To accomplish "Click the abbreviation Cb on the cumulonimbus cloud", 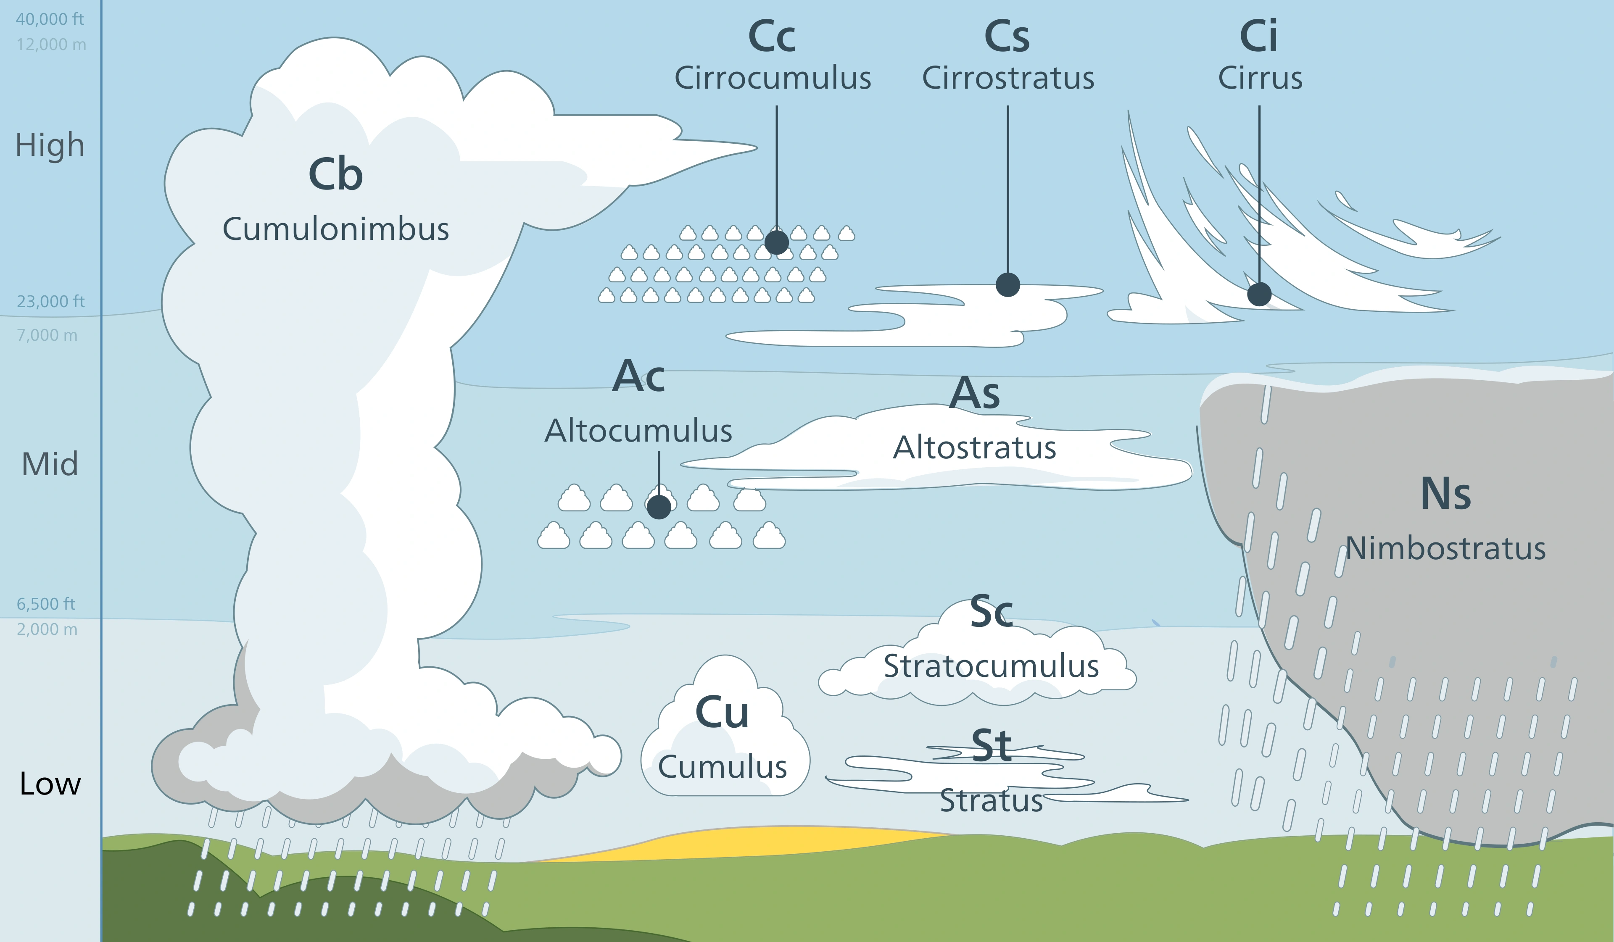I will (335, 174).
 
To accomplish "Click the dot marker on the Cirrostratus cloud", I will (1007, 284).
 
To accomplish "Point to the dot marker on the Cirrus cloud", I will (1259, 295).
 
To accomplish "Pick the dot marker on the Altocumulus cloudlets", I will (659, 507).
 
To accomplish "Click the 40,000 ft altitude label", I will (50, 19).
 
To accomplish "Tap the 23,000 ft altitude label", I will (50, 302).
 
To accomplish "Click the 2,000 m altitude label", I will (47, 629).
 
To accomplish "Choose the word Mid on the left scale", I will (50, 464).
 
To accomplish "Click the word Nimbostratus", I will (1445, 549).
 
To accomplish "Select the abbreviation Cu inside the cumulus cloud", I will (722, 712).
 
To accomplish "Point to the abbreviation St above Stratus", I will (992, 746).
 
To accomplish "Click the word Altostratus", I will (974, 447).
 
